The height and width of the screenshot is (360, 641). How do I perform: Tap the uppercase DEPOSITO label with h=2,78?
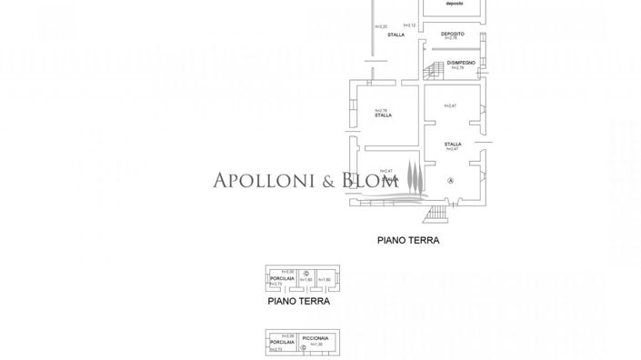453,33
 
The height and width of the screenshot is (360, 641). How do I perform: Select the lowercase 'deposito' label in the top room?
454,4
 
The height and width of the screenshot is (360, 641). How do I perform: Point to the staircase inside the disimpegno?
436,69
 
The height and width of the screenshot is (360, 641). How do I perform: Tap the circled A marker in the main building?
450,182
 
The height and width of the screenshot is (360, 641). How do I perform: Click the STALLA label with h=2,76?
384,115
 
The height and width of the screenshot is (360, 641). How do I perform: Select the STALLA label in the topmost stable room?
396,35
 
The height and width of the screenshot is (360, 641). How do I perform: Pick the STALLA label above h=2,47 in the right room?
453,145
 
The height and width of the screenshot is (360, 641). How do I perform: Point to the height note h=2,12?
409,25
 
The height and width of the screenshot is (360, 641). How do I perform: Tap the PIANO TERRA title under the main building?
408,241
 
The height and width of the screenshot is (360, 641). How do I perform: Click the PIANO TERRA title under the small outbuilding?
298,301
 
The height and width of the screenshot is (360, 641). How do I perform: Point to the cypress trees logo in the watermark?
414,176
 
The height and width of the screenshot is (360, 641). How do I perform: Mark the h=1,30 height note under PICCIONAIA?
316,345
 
